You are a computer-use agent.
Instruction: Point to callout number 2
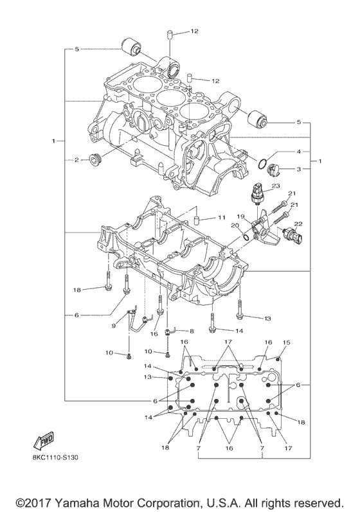click(x=75, y=159)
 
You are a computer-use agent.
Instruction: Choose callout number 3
click(x=299, y=169)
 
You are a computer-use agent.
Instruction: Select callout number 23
click(x=276, y=186)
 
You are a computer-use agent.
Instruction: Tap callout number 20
click(x=235, y=225)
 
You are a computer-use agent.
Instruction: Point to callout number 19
click(x=242, y=216)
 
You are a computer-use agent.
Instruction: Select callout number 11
click(x=221, y=218)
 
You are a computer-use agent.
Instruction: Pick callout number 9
click(x=115, y=326)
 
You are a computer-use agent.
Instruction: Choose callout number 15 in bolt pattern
click(x=287, y=343)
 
